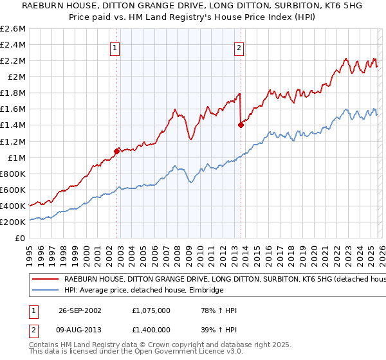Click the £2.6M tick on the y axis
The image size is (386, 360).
click(14, 29)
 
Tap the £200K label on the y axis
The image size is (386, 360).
click(14, 222)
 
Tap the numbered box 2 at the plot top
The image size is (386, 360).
click(239, 47)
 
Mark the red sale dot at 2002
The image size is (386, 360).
click(116, 151)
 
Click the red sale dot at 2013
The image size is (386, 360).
click(240, 125)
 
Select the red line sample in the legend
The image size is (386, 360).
click(45, 280)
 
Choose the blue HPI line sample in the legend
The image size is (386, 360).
click(45, 291)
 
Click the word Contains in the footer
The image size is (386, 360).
click(44, 346)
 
